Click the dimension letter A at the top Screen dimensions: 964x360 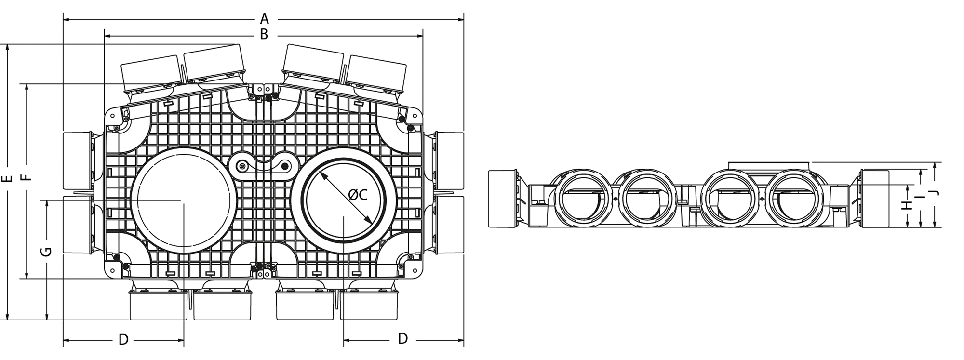[x=264, y=19]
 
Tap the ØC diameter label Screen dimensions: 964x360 [x=358, y=195]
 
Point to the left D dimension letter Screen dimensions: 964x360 [x=123, y=340]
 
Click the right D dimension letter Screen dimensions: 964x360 [x=403, y=339]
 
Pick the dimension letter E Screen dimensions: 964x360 [x=7, y=179]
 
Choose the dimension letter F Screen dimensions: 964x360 [x=27, y=177]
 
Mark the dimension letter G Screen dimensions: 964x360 [x=46, y=252]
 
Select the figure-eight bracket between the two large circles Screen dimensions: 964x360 [x=263, y=166]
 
